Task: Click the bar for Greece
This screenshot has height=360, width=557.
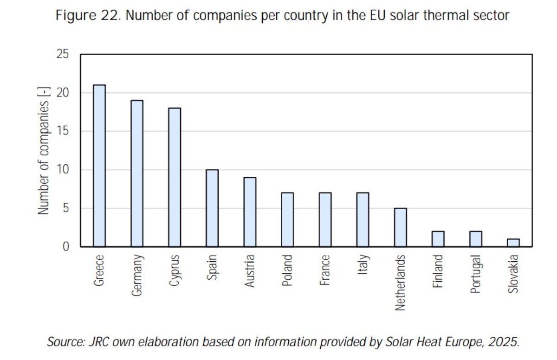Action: click(99, 166)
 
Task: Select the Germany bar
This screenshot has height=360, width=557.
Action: click(137, 173)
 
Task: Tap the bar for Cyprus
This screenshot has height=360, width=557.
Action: click(175, 177)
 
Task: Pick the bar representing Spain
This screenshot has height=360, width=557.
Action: click(212, 208)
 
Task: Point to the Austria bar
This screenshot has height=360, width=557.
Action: click(250, 212)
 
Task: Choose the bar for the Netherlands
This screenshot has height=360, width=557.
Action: click(400, 227)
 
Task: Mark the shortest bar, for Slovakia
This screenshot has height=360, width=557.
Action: click(513, 243)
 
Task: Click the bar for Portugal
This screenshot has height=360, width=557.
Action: click(476, 239)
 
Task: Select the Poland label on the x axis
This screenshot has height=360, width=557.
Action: click(288, 270)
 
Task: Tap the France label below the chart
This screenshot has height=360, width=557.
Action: click(325, 270)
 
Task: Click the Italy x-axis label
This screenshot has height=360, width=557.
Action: click(363, 265)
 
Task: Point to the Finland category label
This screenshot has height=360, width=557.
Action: click(438, 271)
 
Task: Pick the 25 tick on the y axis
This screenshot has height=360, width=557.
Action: click(63, 55)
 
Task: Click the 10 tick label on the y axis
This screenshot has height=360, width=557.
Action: click(63, 170)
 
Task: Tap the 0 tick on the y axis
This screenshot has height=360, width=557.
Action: click(66, 247)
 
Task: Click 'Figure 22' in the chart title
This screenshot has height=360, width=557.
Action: click(88, 15)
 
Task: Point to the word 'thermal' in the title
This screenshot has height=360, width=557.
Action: click(450, 15)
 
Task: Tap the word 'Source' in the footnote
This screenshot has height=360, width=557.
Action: click(65, 342)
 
